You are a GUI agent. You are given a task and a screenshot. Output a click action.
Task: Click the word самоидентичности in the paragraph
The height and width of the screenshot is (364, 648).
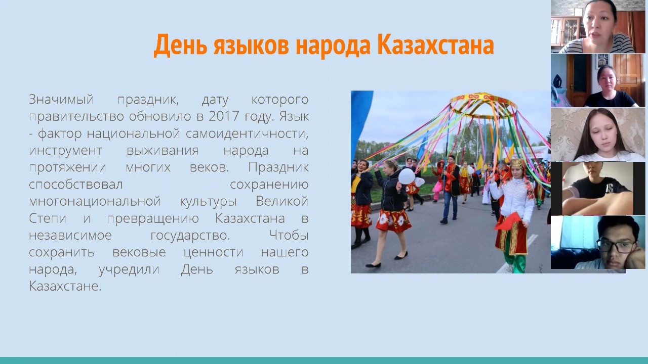tap(247, 134)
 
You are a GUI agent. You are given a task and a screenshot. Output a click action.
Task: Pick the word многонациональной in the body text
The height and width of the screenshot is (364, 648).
tap(95, 201)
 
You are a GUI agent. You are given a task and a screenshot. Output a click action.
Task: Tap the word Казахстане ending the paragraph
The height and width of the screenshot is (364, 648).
tap(65, 286)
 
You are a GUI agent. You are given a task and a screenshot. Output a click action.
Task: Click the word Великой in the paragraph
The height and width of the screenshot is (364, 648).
tap(282, 201)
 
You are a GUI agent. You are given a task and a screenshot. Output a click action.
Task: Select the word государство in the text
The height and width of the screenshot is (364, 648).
tap(190, 236)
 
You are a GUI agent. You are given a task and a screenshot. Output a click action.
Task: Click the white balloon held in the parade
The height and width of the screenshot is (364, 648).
tap(407, 176)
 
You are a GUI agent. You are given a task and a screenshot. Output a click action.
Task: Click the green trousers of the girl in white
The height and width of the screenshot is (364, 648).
tap(515, 261)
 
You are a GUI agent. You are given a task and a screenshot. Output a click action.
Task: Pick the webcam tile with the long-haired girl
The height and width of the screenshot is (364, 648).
tap(598, 134)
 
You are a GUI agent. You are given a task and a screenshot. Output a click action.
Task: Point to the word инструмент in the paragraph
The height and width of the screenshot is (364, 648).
tap(65, 151)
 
